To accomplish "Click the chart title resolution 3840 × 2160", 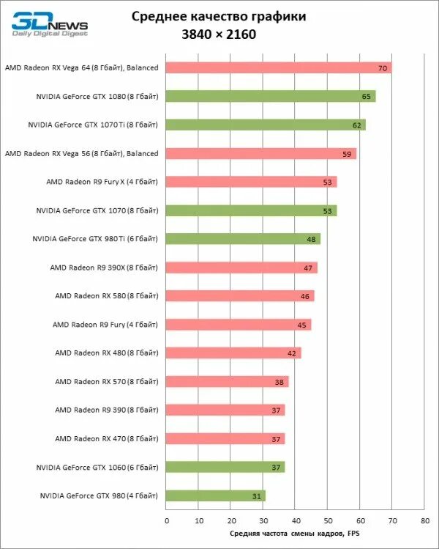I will point(219,34).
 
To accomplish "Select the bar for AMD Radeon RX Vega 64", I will point(278,67).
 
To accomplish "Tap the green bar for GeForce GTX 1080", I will point(271,96).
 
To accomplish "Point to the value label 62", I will point(357,125).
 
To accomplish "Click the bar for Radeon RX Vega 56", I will point(261,153).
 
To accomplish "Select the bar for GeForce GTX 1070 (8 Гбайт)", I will point(251,210).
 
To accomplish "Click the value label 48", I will point(311,239).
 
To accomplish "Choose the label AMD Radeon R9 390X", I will point(104,268).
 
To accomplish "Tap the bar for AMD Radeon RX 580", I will point(240,296).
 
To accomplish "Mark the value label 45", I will point(301,325).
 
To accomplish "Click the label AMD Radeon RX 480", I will point(106,353).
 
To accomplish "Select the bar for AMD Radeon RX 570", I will point(228,382).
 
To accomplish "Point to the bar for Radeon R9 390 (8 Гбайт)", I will point(225,410).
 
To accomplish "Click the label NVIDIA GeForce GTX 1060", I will point(97,467).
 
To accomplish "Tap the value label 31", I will point(256,496).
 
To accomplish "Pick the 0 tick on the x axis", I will point(166,521).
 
